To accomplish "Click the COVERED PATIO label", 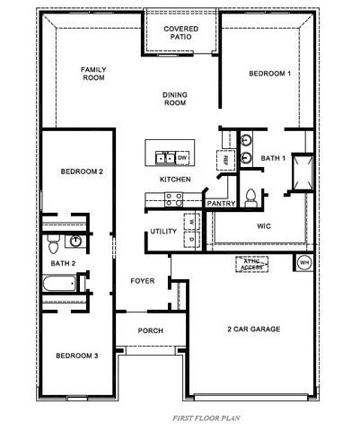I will tap(181, 34).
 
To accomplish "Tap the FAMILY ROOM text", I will tap(92, 74).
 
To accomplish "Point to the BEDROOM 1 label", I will tap(270, 74).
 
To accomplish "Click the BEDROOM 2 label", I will tap(82, 172).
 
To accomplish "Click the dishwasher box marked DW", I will tap(182, 158).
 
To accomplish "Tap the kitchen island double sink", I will tap(165, 158).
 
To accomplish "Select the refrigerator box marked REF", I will tap(224, 159).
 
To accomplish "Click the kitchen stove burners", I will tap(149, 200).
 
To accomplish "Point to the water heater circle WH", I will tap(303, 263).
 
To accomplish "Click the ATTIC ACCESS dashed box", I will tap(251, 263).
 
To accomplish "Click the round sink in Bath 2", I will tap(77, 241).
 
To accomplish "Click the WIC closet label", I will tap(265, 226).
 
